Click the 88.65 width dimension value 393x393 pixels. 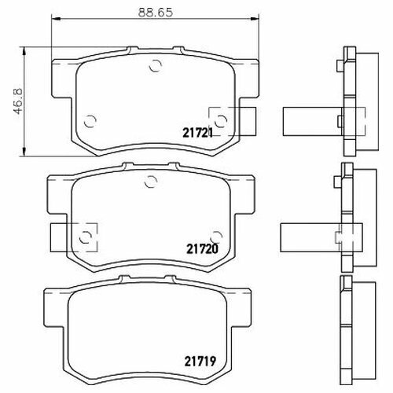156,13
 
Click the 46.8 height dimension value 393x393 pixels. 19,101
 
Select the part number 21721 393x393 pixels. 197,134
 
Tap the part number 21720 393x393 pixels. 202,249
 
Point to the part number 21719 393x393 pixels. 200,362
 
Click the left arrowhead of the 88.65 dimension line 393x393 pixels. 56,19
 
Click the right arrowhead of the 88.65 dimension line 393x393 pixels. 255,19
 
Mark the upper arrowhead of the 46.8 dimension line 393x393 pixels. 24,52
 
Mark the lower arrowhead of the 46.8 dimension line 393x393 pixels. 24,152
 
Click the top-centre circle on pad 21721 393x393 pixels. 156,65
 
